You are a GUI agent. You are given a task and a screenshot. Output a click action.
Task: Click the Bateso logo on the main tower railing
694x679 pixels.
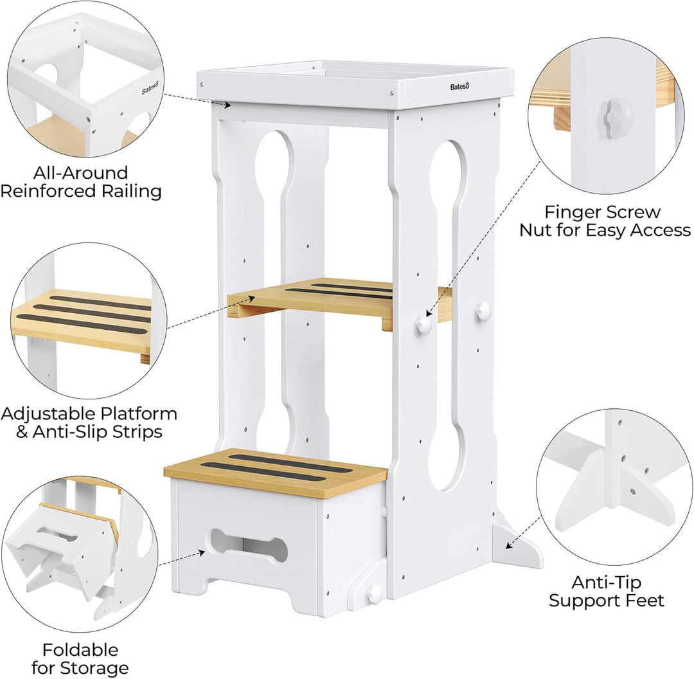pos(459,86)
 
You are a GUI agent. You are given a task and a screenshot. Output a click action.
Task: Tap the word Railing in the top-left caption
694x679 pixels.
pos(132,192)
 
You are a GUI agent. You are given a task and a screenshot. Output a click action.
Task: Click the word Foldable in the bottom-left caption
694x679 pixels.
pos(80,650)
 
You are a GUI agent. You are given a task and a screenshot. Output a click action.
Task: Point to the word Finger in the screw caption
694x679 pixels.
pos(571,212)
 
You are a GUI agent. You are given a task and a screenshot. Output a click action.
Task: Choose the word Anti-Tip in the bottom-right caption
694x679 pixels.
pos(607,582)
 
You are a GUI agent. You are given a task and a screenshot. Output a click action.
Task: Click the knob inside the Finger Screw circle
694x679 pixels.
pos(611,114)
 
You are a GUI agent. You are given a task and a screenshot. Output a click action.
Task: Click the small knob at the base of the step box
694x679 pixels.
pos(374,592)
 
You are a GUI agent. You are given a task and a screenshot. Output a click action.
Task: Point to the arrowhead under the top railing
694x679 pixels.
pos(227,105)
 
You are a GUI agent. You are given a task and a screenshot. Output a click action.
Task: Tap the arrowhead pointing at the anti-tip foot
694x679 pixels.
pos(510,545)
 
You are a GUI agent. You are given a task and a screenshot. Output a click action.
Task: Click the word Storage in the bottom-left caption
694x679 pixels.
pos(94,667)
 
